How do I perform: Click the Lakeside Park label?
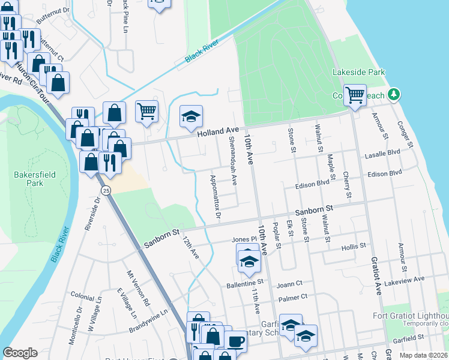[358, 72]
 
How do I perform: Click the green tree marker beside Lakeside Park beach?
[394, 95]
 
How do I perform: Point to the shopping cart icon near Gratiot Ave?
[355, 94]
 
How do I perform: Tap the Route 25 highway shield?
[106, 190]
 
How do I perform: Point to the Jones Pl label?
[245, 239]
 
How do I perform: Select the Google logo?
[20, 353]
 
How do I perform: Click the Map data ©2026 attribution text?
[423, 355]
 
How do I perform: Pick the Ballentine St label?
[245, 281]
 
